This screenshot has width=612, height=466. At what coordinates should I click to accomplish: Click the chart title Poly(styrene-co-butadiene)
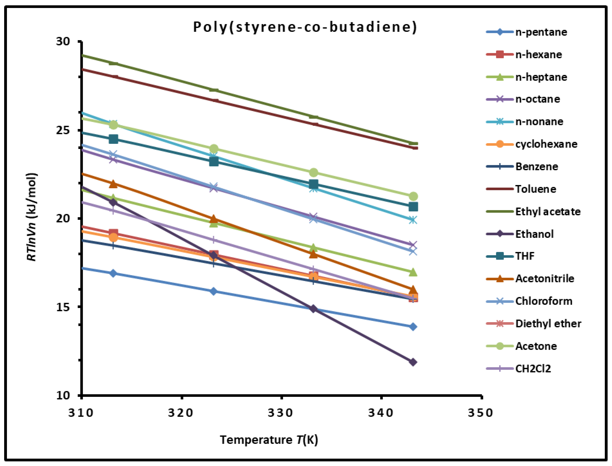305,27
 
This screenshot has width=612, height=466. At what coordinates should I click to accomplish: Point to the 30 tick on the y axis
63,41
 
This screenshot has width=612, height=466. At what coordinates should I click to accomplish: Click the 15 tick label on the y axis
63,307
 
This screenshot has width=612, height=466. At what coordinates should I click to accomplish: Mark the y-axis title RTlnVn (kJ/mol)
31,217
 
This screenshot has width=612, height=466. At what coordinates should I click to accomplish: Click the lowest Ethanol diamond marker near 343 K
413,362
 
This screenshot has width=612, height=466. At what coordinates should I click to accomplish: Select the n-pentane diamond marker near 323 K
213,291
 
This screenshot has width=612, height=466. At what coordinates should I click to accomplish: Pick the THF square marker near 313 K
113,139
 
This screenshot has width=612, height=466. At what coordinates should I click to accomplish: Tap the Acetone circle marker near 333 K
313,173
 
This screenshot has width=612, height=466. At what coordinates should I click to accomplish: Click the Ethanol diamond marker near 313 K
113,202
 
